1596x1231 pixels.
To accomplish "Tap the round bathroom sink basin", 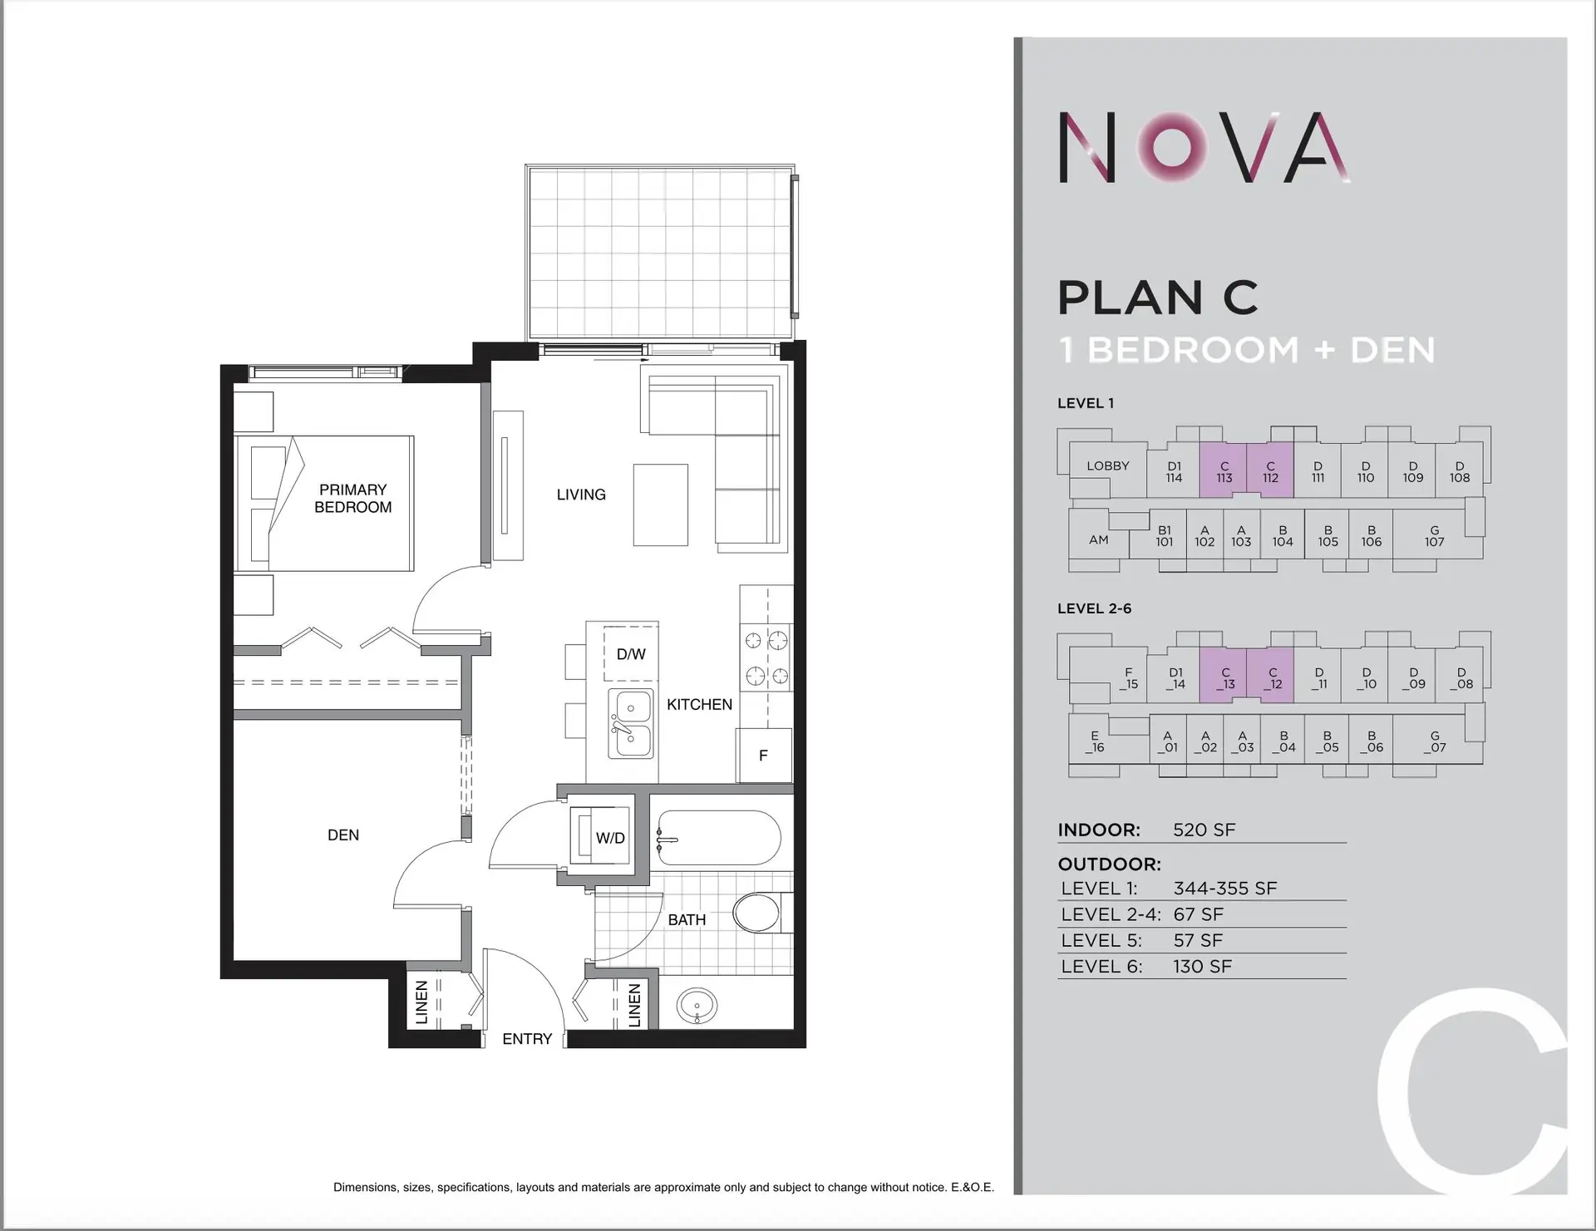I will (696, 1006).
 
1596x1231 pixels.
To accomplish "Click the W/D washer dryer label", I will (610, 838).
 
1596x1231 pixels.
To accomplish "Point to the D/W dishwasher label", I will (631, 654).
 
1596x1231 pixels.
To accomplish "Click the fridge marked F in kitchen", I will (763, 756).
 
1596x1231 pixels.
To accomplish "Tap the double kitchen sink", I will (632, 723).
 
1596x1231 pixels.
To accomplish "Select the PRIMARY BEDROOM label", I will (352, 498).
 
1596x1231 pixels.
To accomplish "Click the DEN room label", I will (343, 835).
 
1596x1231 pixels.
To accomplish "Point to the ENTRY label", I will (527, 1039).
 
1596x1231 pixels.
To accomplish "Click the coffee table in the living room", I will (661, 505).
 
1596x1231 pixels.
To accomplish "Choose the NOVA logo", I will (1204, 148).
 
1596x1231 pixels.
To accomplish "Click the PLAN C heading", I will (1158, 298).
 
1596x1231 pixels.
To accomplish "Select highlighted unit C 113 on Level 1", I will (1224, 472).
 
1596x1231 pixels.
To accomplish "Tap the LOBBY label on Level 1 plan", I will (1107, 465).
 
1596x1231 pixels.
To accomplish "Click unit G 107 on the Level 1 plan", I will (1434, 536).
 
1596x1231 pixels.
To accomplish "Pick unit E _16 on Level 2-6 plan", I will (1095, 741).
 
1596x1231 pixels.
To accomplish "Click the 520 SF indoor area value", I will (1204, 830).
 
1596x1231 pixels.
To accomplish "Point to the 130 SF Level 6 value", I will (1202, 966).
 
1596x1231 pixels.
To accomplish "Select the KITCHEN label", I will (699, 704).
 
